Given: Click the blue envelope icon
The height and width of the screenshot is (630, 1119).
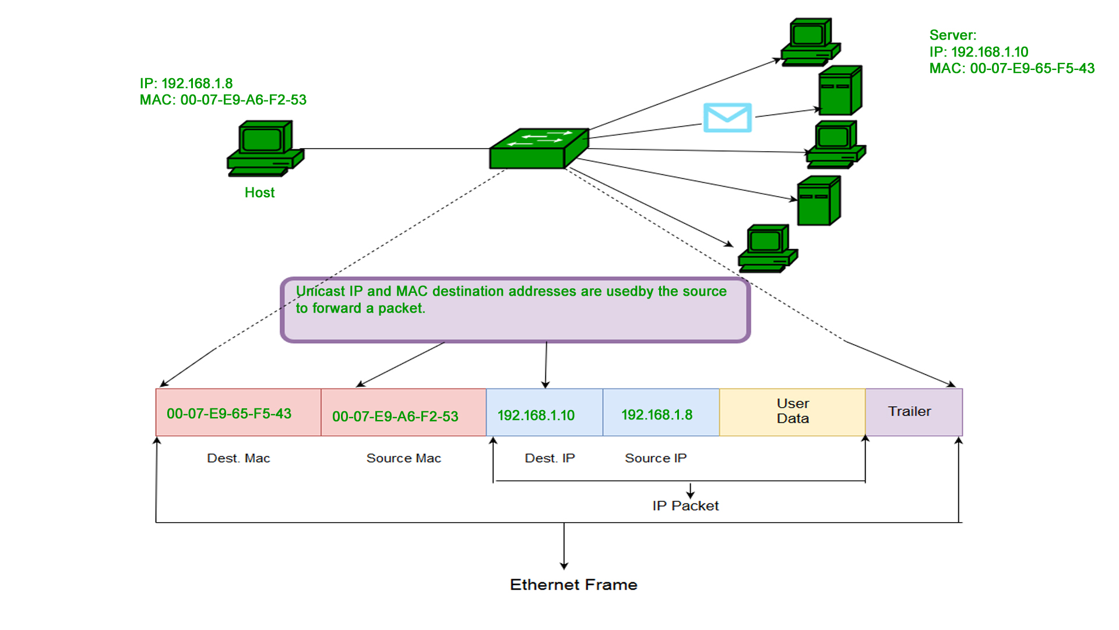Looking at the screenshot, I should (727, 117).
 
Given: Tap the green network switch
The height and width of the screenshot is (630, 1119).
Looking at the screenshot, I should (539, 149).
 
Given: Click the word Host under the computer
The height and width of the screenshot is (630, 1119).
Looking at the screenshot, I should (259, 192).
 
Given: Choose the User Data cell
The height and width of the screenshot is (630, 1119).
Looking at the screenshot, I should (792, 412).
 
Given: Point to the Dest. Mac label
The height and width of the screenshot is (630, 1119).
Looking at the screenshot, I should (238, 459).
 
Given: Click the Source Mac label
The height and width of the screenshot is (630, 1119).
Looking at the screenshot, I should (403, 459).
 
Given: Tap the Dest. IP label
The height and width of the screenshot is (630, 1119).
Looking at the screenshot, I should (550, 459).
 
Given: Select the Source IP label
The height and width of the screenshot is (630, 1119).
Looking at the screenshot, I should (656, 459).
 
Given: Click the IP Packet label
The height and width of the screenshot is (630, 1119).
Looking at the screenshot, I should (685, 506).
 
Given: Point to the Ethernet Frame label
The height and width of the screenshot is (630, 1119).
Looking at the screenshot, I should (573, 584).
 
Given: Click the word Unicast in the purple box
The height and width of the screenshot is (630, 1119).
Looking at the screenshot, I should (320, 291).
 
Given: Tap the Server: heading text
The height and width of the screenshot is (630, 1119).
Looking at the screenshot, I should (952, 35).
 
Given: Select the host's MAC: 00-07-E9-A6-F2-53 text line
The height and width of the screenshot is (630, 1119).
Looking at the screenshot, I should (223, 100).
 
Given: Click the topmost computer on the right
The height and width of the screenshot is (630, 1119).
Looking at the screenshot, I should (810, 41).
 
